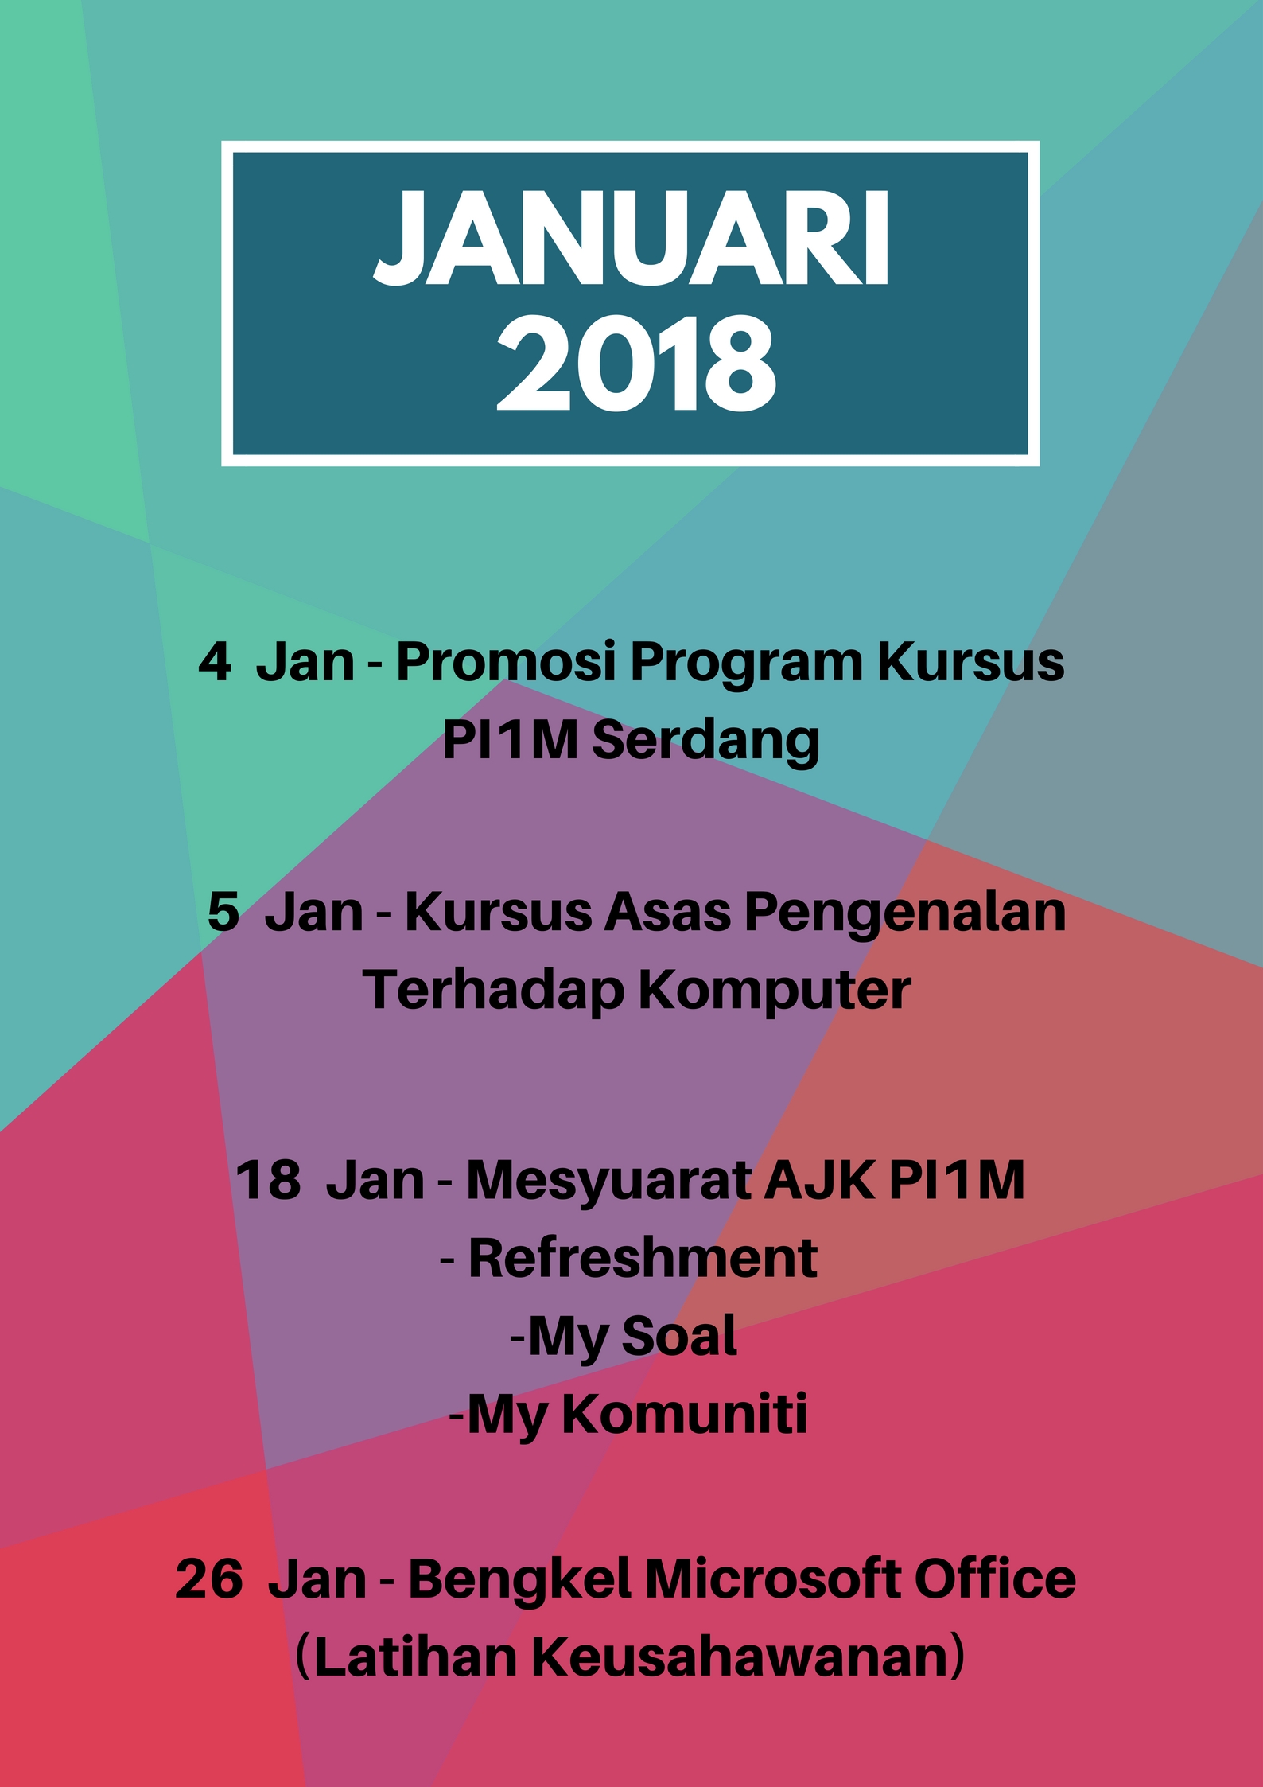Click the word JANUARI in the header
[631, 238]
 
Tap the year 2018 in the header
[636, 362]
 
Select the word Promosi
[507, 662]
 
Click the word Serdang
[705, 742]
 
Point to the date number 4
[215, 662]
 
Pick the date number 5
[223, 912]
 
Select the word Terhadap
[494, 991]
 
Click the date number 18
[269, 1179]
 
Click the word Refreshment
[643, 1258]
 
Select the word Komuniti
[685, 1414]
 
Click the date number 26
[209, 1579]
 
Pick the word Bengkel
[519, 1579]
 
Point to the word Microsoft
[771, 1578]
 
